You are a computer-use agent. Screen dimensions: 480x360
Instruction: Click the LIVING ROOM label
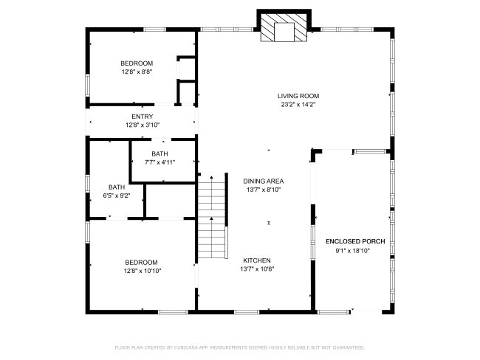[298, 96]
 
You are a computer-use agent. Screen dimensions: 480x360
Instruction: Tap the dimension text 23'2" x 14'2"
[298, 104]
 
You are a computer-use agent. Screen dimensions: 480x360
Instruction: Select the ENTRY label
[143, 117]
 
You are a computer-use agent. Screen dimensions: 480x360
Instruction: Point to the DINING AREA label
[264, 181]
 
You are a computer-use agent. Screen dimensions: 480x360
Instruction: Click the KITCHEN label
[257, 260]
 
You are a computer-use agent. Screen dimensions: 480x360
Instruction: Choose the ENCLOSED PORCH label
[355, 241]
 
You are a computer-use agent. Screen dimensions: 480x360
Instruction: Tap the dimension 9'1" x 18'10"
[353, 251]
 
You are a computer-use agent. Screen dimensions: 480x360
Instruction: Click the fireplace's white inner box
[284, 32]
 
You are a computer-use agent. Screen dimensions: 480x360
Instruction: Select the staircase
[213, 216]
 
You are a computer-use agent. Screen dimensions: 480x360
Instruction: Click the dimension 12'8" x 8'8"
[137, 72]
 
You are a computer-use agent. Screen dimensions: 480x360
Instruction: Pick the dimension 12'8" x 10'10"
[143, 271]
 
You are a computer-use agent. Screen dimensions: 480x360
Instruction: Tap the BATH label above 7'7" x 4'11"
[160, 153]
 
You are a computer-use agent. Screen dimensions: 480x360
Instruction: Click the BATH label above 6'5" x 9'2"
[117, 187]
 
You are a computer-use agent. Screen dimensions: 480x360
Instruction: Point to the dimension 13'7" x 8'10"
[264, 190]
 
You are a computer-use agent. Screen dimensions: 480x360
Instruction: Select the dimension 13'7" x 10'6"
[257, 269]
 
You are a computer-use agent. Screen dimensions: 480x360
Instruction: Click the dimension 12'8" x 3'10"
[143, 125]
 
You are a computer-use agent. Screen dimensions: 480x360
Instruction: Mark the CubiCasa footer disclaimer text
[240, 347]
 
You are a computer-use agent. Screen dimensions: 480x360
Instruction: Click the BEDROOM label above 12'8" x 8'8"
[137, 63]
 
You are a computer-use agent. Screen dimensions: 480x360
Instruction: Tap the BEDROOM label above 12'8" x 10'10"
[142, 262]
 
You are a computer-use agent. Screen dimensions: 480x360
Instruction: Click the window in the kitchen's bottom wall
[247, 312]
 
